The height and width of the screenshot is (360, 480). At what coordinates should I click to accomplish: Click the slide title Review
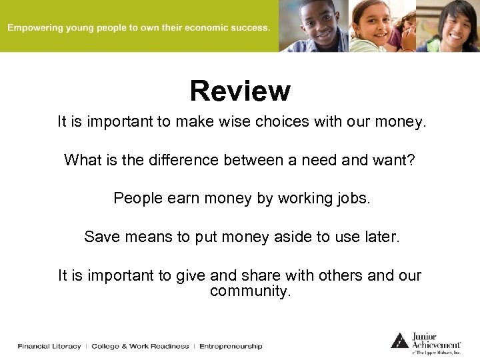pyautogui.click(x=240, y=91)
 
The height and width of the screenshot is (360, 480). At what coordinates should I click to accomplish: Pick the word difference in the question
pyautogui.click(x=184, y=160)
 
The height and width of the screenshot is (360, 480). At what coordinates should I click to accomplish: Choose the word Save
pyautogui.click(x=101, y=237)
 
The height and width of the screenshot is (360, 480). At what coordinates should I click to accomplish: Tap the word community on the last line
pyautogui.click(x=250, y=291)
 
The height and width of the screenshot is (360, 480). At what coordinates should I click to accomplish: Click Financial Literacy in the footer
pyautogui.click(x=49, y=346)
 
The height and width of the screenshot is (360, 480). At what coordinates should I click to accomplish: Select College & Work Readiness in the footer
pyautogui.click(x=140, y=346)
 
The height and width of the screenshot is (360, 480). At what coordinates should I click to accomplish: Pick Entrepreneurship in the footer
pyautogui.click(x=231, y=346)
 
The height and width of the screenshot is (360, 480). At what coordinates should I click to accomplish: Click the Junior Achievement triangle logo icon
pyautogui.click(x=399, y=341)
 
